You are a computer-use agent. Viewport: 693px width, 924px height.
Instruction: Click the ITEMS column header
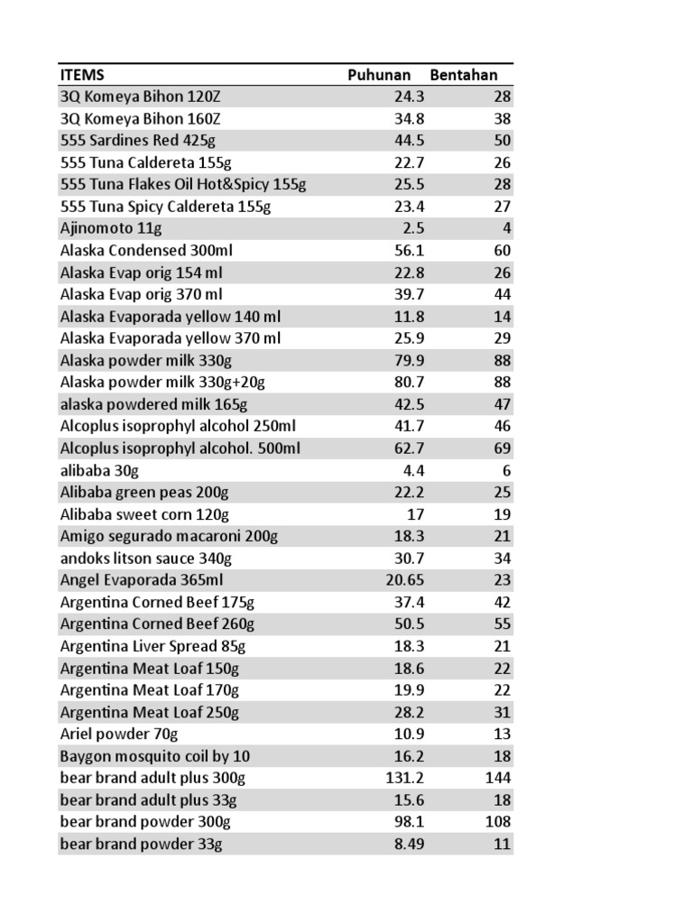pyautogui.click(x=82, y=75)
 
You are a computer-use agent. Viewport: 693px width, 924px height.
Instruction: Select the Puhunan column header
pyautogui.click(x=379, y=75)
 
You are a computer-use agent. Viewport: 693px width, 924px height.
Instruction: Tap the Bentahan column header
pyautogui.click(x=470, y=75)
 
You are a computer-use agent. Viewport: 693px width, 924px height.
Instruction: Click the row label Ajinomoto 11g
pyautogui.click(x=103, y=228)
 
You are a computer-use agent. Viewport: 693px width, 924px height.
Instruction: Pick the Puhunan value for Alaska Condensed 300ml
pyautogui.click(x=409, y=250)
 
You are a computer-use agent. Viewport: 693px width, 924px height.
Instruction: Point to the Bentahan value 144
pyautogui.click(x=497, y=778)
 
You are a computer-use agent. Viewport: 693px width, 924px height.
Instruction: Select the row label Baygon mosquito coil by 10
pyautogui.click(x=155, y=756)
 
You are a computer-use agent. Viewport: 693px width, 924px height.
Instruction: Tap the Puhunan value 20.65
pyautogui.click(x=405, y=580)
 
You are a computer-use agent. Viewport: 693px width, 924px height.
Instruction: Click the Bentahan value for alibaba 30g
pyautogui.click(x=506, y=470)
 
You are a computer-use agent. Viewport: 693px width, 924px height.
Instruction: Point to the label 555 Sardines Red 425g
pyautogui.click(x=137, y=141)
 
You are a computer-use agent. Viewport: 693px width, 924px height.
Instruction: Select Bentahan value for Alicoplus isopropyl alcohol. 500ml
pyautogui.click(x=502, y=448)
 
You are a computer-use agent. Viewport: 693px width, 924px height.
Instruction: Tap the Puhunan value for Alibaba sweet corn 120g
pyautogui.click(x=415, y=514)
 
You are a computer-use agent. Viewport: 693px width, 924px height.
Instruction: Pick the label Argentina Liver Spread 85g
pyautogui.click(x=152, y=646)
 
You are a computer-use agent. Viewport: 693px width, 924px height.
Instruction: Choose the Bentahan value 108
pyautogui.click(x=497, y=822)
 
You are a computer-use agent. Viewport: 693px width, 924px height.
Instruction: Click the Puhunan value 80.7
pyautogui.click(x=409, y=383)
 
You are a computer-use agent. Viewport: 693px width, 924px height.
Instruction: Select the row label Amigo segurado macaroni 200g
pyautogui.click(x=169, y=536)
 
